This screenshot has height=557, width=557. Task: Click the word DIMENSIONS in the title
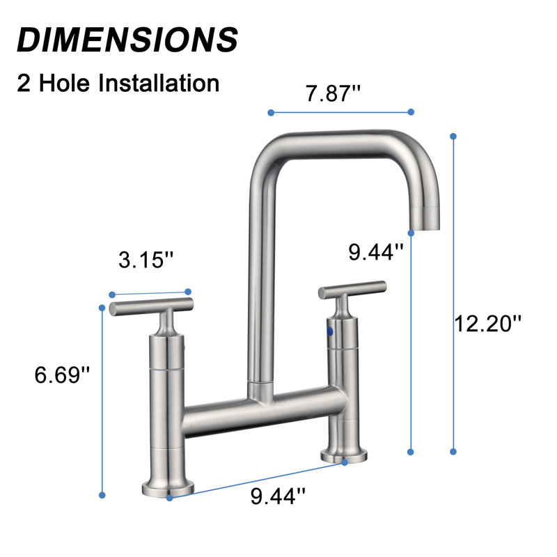point(127,39)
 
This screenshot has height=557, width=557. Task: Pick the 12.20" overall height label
point(487,323)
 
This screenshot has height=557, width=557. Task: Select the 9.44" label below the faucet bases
point(278,496)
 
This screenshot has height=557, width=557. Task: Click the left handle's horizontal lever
point(150,306)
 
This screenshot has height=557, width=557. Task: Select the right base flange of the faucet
point(344,456)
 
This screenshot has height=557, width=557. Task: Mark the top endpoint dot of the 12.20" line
point(454,136)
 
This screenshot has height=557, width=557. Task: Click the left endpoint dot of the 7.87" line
point(270,111)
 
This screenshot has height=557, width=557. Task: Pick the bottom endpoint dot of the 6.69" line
point(102,495)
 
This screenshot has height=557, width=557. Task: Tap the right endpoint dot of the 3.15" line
point(187,291)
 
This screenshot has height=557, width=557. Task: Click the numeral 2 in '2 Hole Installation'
point(25,83)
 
